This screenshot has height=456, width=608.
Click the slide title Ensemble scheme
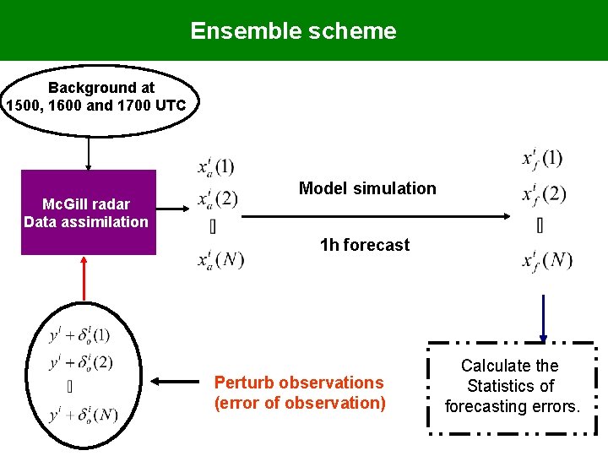click(x=293, y=31)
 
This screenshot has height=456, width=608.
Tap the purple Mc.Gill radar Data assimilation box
click(x=88, y=213)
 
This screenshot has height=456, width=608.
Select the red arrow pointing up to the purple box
click(x=84, y=278)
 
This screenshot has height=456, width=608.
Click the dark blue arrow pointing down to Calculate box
click(x=542, y=318)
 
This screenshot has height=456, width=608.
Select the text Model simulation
click(x=367, y=188)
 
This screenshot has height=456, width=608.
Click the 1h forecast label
click(x=365, y=245)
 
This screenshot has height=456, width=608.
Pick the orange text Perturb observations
click(x=299, y=383)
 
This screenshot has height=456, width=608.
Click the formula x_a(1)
click(x=216, y=166)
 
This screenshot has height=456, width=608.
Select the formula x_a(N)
click(x=220, y=259)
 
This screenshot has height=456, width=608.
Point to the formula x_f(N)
click(x=546, y=259)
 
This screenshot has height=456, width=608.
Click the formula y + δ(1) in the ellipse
click(x=79, y=335)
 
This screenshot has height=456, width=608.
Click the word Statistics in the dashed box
click(x=511, y=386)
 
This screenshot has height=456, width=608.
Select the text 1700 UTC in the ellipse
click(x=156, y=106)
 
